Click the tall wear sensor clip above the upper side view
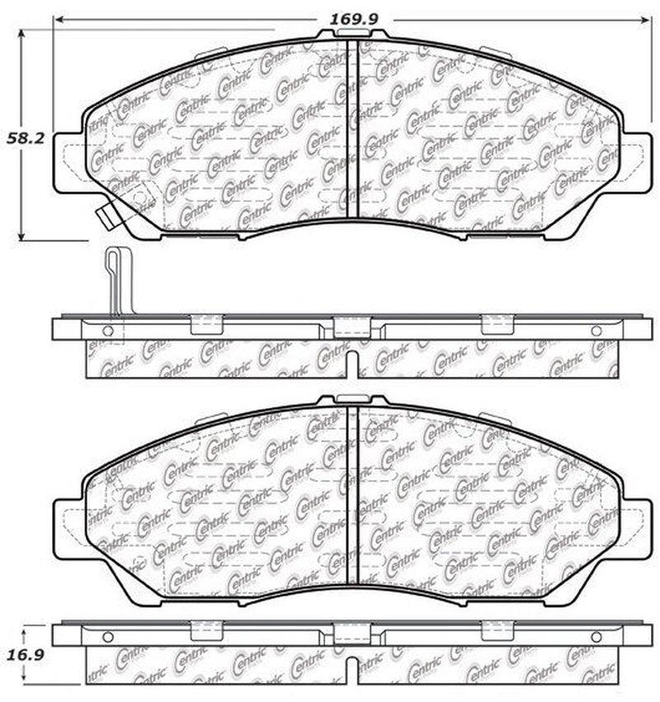[115, 280]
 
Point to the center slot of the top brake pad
[353, 128]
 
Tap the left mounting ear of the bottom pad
[69, 525]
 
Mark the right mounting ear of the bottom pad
[636, 525]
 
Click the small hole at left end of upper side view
[106, 331]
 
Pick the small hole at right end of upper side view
[596, 331]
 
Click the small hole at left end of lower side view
[106, 637]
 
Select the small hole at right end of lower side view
[596, 637]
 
